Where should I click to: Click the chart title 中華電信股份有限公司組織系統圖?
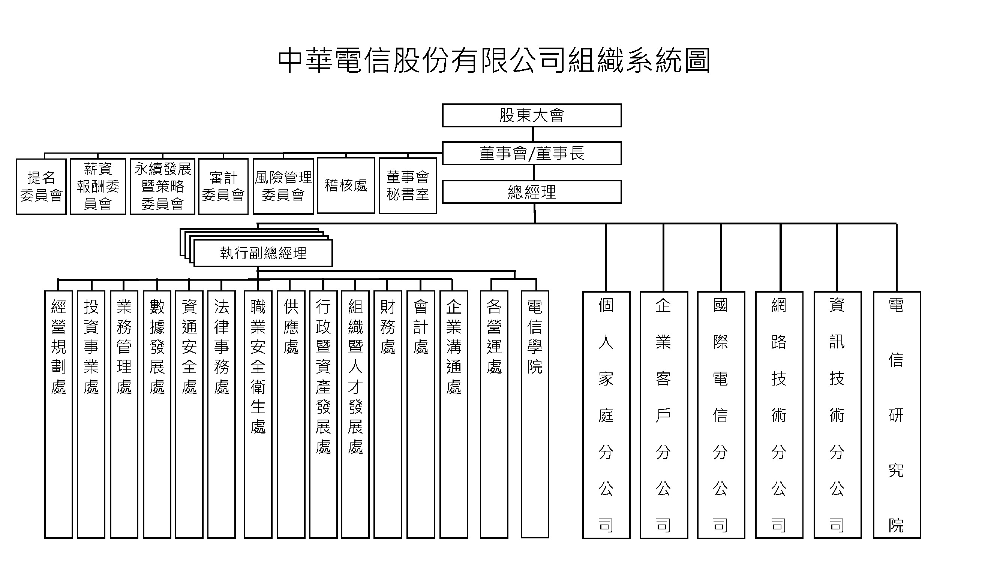click(494, 61)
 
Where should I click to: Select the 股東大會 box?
click(531, 115)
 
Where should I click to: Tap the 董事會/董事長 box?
click(531, 153)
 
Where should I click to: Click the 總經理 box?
click(531, 191)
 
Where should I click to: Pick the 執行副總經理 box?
click(263, 253)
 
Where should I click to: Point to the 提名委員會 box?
click(41, 187)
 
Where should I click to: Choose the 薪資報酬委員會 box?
click(98, 187)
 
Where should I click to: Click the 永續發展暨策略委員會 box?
click(162, 187)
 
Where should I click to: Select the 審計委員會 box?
click(223, 187)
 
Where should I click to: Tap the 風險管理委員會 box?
click(283, 187)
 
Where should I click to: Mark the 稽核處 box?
click(346, 185)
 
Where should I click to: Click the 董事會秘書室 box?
click(408, 186)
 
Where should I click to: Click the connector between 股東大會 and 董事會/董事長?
click(532, 134)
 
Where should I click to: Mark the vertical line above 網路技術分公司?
click(781, 257)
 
